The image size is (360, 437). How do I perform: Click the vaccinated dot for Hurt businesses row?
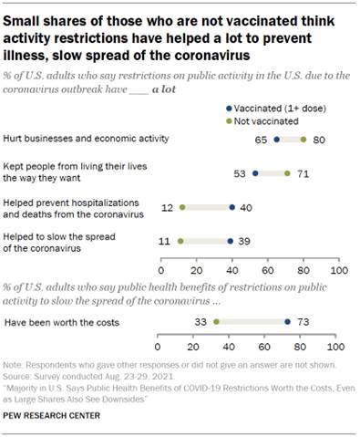click(x=277, y=141)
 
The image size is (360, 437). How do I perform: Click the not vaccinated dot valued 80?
click(x=303, y=141)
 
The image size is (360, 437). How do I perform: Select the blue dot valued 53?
click(x=255, y=172)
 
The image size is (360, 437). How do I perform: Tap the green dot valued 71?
click(x=287, y=172)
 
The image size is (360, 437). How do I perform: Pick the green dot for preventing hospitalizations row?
click(x=182, y=207)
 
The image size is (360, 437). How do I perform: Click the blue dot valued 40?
click(x=231, y=207)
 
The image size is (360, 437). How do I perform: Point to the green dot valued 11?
click(x=180, y=242)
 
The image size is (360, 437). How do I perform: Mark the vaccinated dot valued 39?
click(x=231, y=242)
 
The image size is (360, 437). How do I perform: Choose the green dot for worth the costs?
click(x=216, y=321)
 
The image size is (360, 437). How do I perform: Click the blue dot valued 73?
click(x=287, y=321)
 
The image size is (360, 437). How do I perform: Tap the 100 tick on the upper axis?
click(x=338, y=271)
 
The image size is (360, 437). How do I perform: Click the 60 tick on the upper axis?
click(x=268, y=271)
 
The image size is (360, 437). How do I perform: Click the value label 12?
click(x=168, y=207)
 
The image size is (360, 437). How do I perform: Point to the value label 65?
click(x=262, y=141)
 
